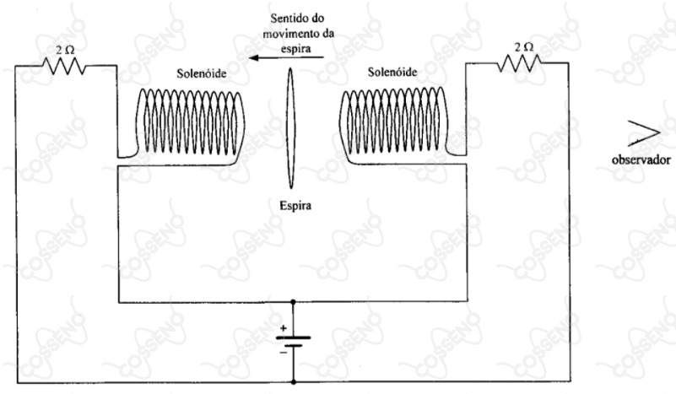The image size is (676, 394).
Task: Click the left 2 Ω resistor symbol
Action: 64,66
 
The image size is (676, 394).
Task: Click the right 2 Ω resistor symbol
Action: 520,63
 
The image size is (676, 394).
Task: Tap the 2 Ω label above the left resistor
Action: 65,50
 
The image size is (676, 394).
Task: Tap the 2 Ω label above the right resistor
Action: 524,47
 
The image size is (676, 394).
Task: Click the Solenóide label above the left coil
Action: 202,73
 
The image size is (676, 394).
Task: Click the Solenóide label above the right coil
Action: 392,72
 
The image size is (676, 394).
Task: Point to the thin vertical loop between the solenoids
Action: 290,128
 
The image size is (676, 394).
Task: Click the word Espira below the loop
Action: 295,206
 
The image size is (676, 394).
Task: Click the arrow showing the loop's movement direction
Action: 286,57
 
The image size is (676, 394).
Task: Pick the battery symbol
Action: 293,342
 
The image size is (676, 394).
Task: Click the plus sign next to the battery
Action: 284,328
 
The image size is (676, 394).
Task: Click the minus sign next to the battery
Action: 284,353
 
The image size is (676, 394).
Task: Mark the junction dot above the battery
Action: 293,302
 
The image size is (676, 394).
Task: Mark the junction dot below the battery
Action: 293,382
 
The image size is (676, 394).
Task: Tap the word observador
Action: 641,160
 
